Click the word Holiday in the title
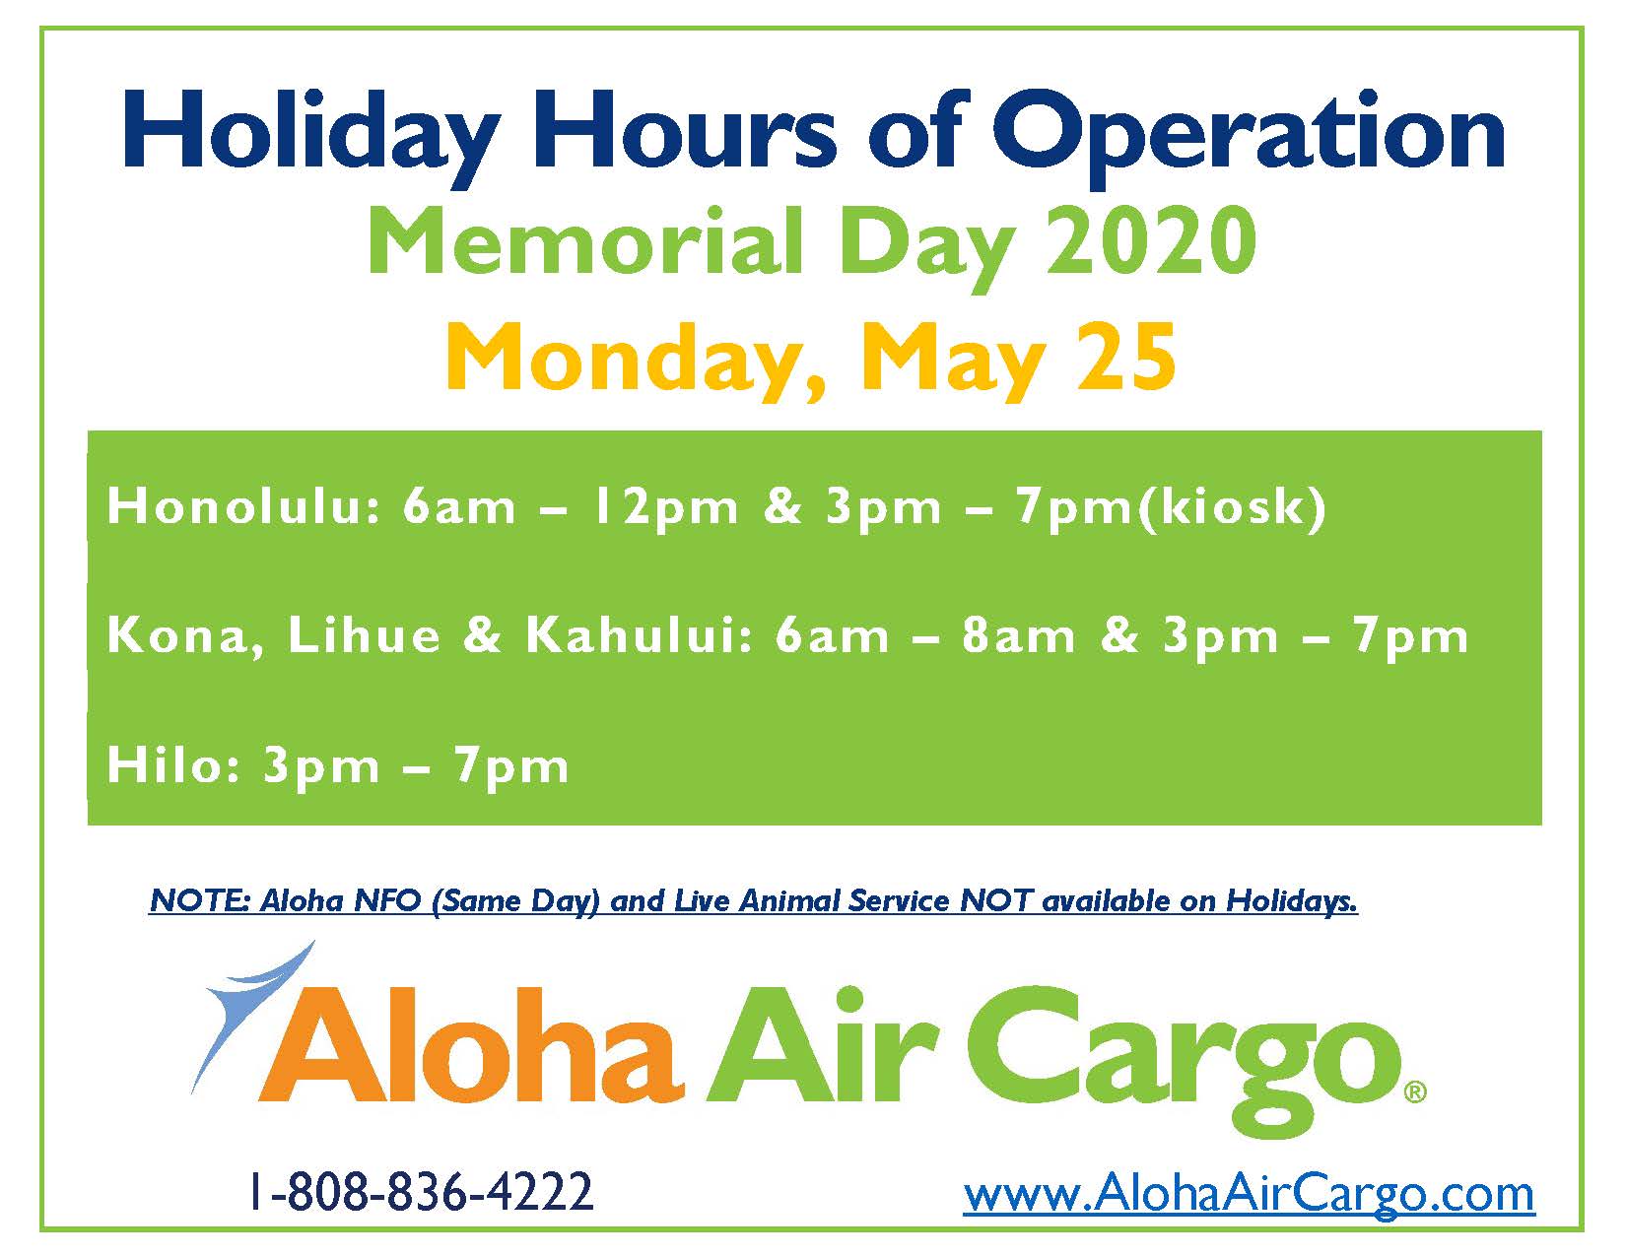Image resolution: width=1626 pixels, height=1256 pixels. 309,138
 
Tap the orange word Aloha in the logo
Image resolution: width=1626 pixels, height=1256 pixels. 470,1046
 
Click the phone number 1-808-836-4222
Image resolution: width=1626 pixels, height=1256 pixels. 421,1192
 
